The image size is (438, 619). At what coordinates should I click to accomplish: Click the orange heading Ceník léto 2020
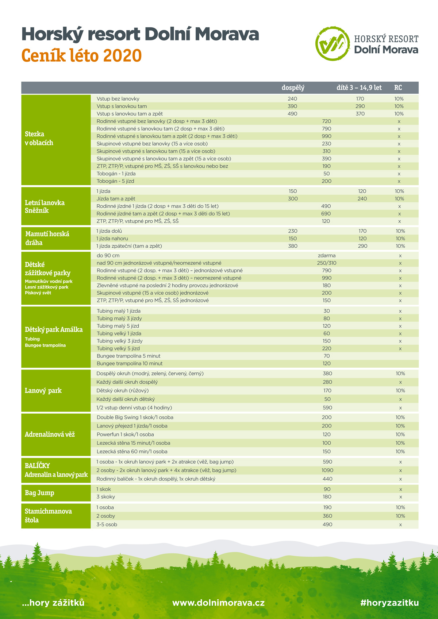[81, 56]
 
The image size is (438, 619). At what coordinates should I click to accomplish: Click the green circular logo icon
[332, 43]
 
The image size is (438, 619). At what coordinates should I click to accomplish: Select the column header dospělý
[293, 88]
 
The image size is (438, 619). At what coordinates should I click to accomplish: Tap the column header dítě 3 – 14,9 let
[359, 88]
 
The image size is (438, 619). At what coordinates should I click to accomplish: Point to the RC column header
[398, 88]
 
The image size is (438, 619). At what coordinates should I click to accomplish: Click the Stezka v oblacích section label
[39, 138]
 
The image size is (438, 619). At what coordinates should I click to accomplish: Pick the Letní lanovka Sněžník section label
[45, 206]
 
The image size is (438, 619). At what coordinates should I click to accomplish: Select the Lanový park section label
[43, 391]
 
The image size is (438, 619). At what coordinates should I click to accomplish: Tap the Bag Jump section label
[39, 493]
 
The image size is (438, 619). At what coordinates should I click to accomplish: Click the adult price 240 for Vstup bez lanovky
[292, 99]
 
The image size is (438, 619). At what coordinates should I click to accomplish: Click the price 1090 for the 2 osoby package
[327, 471]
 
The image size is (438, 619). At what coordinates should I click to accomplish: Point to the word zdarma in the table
[327, 256]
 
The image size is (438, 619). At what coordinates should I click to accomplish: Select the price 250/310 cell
[327, 263]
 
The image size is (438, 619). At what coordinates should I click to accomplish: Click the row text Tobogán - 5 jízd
[115, 181]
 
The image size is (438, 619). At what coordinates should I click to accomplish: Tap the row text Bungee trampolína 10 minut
[130, 364]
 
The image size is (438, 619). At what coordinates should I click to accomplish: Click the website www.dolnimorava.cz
[218, 603]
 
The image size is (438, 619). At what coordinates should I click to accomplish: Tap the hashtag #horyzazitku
[389, 603]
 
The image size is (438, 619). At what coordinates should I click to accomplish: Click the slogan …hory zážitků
[53, 603]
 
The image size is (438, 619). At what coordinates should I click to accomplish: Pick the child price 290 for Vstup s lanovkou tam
[360, 106]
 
